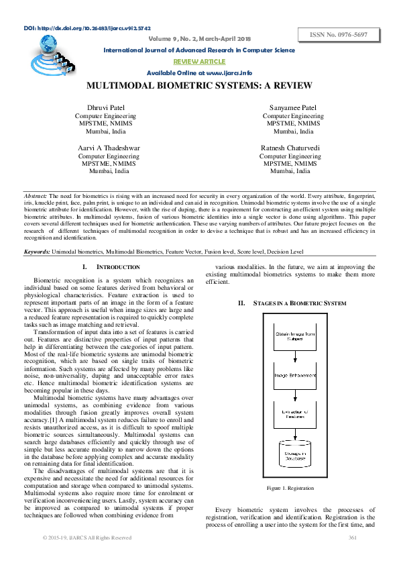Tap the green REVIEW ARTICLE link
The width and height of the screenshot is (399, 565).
pyautogui.click(x=199, y=61)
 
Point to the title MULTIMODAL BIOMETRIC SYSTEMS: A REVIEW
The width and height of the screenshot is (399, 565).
pyautogui.click(x=199, y=87)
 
